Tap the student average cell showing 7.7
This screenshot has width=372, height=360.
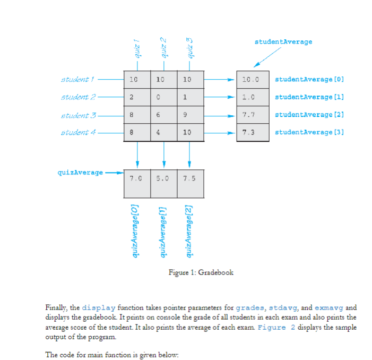pos(253,114)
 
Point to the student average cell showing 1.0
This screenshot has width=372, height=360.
pos(253,97)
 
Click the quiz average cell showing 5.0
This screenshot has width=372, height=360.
pos(163,178)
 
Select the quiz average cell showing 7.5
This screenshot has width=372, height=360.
pos(190,178)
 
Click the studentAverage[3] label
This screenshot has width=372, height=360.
pos(309,132)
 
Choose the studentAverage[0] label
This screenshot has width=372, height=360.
pos(309,80)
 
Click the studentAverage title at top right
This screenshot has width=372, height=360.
pos(283,41)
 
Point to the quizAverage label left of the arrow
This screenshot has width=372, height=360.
pos(80,172)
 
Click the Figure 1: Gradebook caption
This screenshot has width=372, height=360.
pos(201,272)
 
